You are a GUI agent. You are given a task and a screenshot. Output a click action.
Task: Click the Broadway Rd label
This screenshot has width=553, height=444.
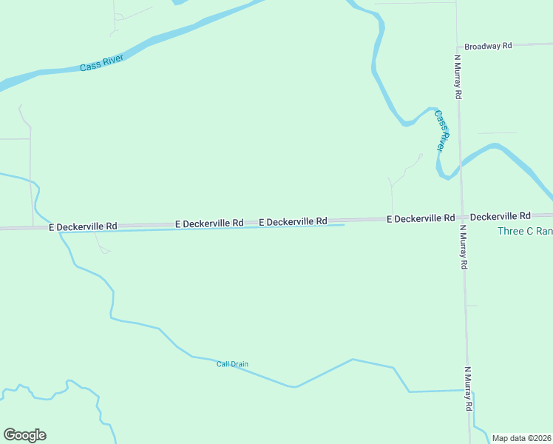[488, 46]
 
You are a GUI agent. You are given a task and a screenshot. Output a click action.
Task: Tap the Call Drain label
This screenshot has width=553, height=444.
[232, 364]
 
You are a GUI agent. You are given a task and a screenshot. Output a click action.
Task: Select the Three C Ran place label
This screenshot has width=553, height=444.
[525, 232]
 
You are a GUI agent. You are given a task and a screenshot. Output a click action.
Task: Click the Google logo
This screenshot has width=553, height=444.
[24, 435]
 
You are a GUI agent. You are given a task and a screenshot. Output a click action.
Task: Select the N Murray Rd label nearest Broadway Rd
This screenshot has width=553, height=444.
[458, 76]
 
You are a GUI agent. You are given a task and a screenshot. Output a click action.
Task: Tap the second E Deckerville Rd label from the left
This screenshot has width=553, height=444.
[209, 223]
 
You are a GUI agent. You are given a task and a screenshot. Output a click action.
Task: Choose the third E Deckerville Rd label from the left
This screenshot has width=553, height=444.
[293, 221]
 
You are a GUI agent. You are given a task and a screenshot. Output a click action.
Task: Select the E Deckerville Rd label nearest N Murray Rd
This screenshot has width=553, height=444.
[420, 218]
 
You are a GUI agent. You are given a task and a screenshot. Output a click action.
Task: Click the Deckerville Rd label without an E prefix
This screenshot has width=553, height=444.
[500, 216]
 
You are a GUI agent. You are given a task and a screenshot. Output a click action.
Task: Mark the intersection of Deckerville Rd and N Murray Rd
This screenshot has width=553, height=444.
[462, 218]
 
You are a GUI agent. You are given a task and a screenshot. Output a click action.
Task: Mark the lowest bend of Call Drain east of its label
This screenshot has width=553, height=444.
[295, 386]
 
